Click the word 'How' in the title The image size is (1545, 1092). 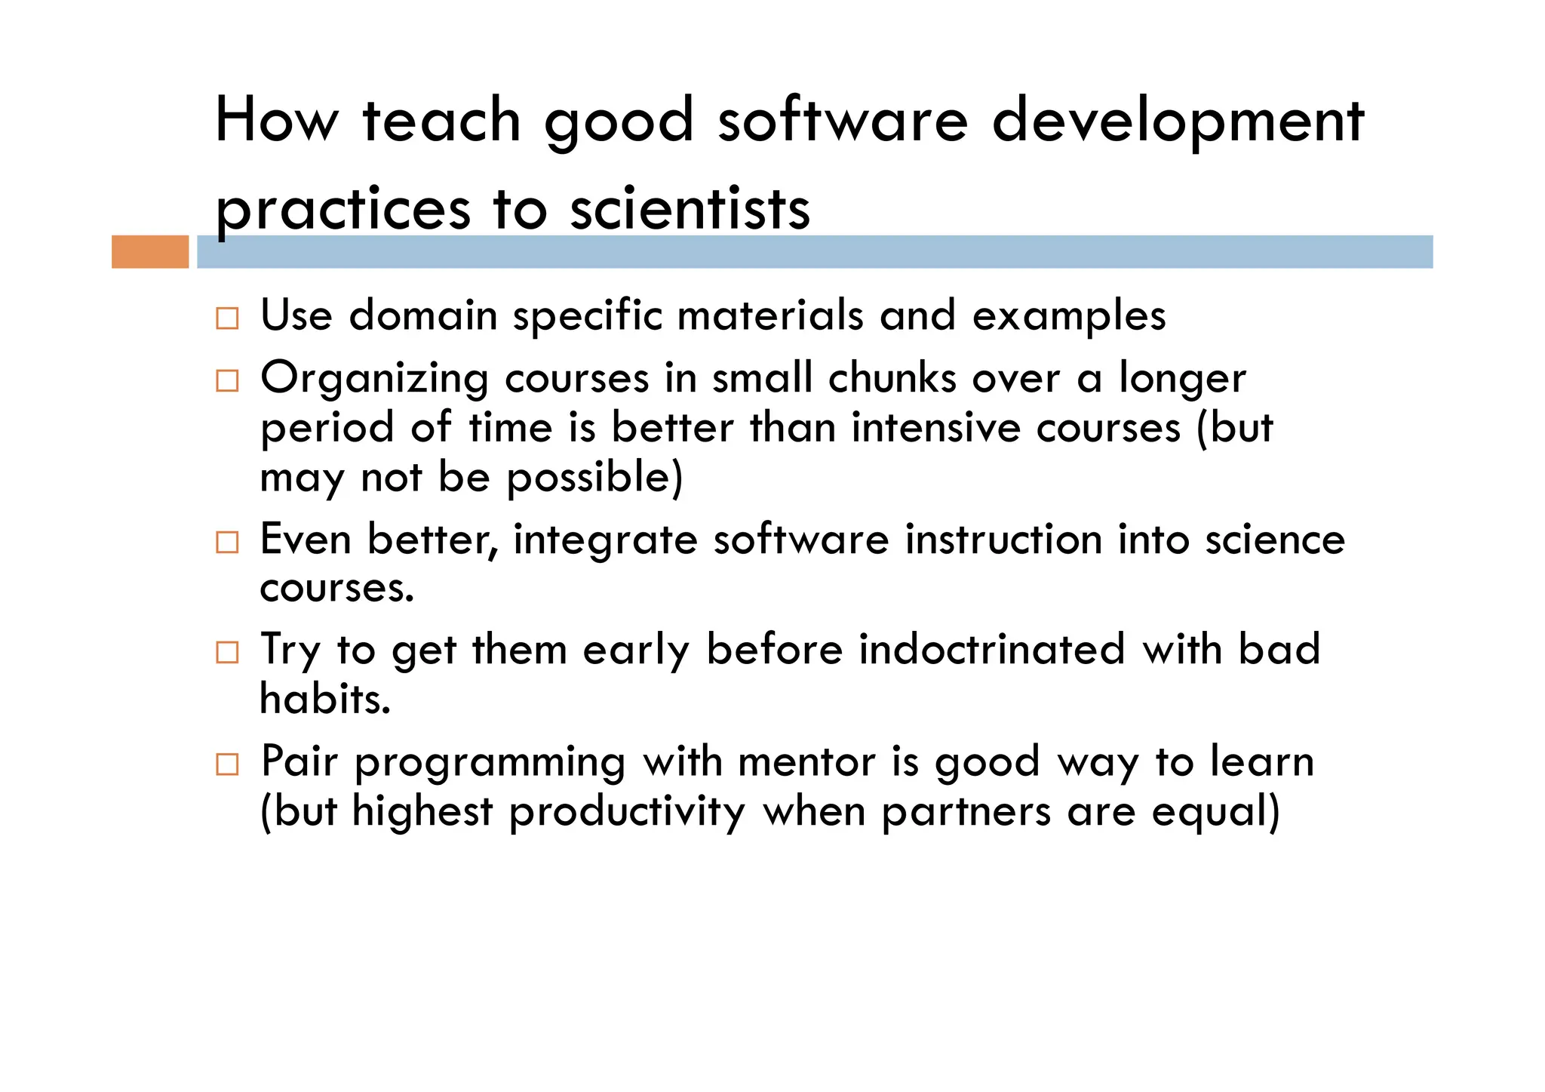tap(277, 122)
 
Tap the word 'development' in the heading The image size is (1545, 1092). tap(1178, 122)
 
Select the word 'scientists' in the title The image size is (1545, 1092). tap(690, 209)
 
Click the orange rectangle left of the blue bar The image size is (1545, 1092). tap(150, 251)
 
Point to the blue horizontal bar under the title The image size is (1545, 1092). tap(815, 251)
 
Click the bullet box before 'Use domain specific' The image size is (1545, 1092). tap(227, 318)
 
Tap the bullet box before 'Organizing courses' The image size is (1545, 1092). tap(227, 380)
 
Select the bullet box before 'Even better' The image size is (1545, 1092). tap(227, 542)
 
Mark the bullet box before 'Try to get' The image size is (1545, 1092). tap(227, 652)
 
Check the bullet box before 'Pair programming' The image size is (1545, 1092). tap(227, 764)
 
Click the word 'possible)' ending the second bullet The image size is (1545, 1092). tap(594, 478)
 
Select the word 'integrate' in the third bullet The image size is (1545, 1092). tap(605, 541)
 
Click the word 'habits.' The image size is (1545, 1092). tap(325, 700)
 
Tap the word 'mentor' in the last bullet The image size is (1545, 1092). tap(806, 761)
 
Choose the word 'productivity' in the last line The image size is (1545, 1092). tap(627, 813)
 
